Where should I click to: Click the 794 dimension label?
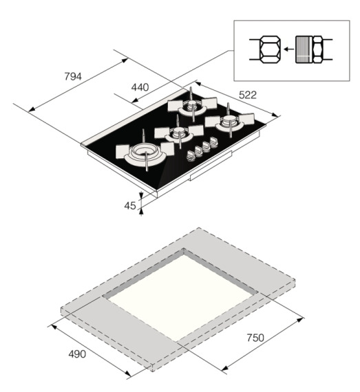click(73, 76)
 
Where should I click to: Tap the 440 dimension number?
click(140, 87)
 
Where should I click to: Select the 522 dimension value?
click(248, 95)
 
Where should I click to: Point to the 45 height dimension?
click(130, 206)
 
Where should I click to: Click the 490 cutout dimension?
click(77, 354)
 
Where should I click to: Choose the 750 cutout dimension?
click(255, 338)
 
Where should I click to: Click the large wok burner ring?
click(145, 153)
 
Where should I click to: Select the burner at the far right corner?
click(229, 122)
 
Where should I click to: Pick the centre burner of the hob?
click(179, 133)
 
